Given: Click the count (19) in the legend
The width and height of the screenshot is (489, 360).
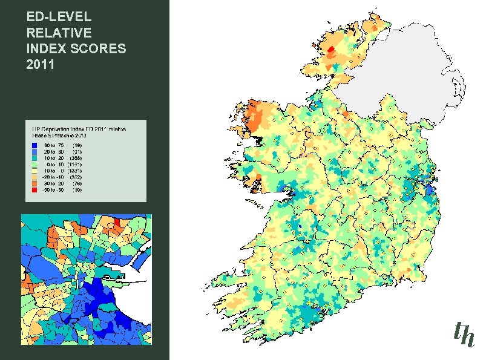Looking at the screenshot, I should coord(77,145).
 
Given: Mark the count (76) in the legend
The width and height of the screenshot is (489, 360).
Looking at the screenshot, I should coord(77,183).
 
